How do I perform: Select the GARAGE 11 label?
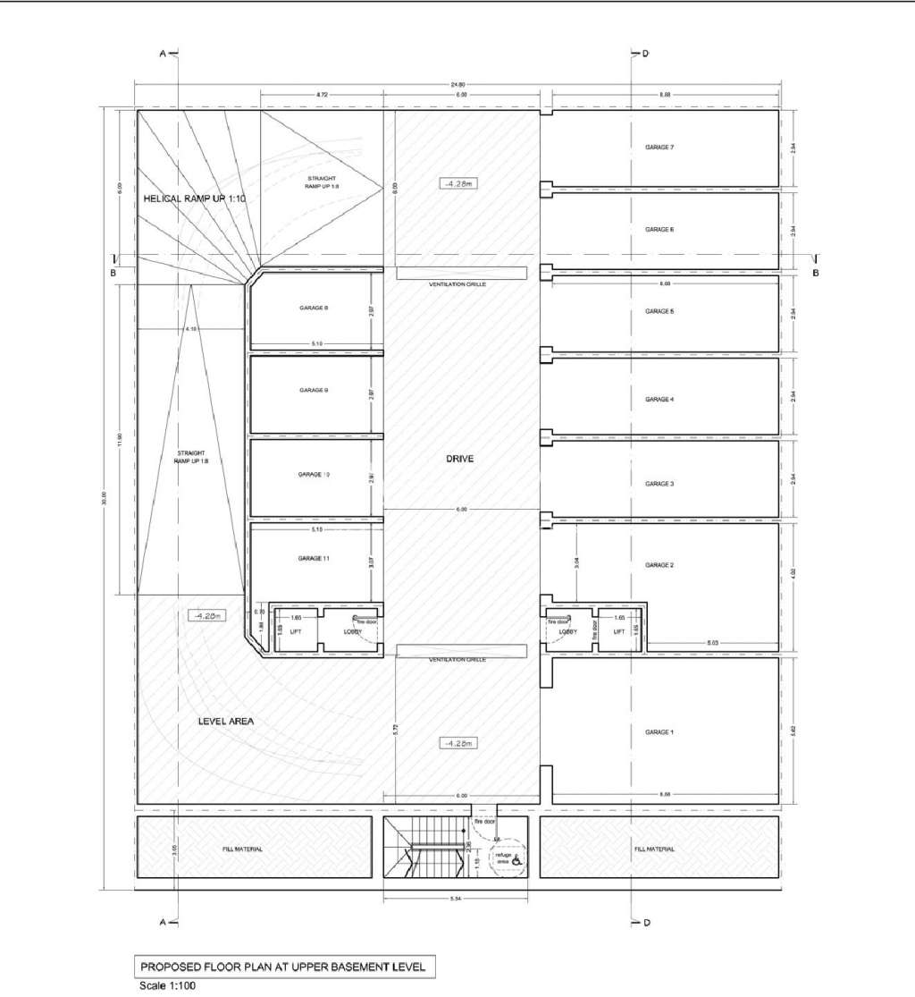[x=314, y=558]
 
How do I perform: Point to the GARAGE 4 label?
[x=659, y=399]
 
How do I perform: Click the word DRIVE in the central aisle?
[x=459, y=459]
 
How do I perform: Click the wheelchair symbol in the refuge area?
[x=515, y=856]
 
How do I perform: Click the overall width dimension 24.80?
[x=457, y=85]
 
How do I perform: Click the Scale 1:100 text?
[x=164, y=986]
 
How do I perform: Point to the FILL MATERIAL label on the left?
[x=242, y=849]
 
